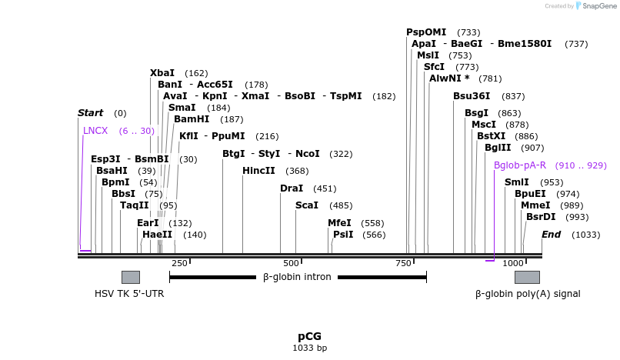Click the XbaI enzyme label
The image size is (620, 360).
click(162, 72)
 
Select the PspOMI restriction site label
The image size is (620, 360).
click(426, 32)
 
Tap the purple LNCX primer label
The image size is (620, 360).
click(95, 131)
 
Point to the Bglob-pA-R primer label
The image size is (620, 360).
click(519, 165)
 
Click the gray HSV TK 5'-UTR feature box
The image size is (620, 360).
click(130, 277)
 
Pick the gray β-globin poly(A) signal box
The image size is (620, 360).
click(527, 277)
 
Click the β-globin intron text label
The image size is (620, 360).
click(297, 277)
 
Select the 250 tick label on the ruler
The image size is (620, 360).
click(179, 263)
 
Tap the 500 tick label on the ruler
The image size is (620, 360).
click(290, 263)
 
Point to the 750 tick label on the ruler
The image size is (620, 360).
click(404, 263)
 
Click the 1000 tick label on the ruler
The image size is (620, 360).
click(513, 263)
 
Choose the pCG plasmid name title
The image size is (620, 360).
click(309, 336)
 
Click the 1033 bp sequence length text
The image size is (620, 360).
click(309, 348)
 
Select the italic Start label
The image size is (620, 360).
click(90, 113)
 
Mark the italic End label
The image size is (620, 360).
click(551, 234)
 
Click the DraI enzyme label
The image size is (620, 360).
click(292, 188)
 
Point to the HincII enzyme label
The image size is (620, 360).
click(258, 171)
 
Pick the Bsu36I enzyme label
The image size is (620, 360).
click(472, 96)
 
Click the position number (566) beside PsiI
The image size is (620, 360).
click(374, 235)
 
